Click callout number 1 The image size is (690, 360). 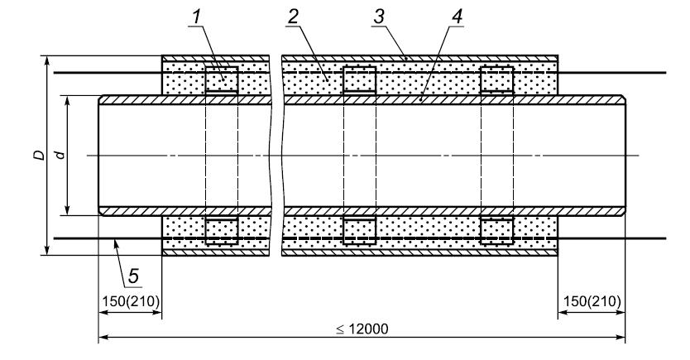click(x=196, y=17)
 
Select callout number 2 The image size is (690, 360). click(x=293, y=17)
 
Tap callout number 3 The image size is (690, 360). click(x=378, y=17)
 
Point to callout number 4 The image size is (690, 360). click(x=457, y=17)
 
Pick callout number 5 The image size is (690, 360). click(x=133, y=276)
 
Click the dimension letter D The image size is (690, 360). click(x=40, y=155)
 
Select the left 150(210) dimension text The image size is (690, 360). click(x=131, y=302)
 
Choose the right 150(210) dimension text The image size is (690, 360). click(x=592, y=302)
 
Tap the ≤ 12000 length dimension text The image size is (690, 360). click(x=362, y=329)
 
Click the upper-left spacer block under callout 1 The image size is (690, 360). click(x=222, y=79)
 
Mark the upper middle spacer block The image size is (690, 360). click(x=360, y=79)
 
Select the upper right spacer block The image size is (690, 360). click(x=497, y=79)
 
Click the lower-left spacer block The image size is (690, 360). click(x=222, y=231)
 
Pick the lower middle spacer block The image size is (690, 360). click(x=360, y=231)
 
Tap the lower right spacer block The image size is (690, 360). click(x=497, y=231)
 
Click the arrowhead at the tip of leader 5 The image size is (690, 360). click(x=116, y=242)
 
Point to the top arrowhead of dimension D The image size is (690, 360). click(x=46, y=60)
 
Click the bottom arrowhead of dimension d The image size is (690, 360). click(x=67, y=210)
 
